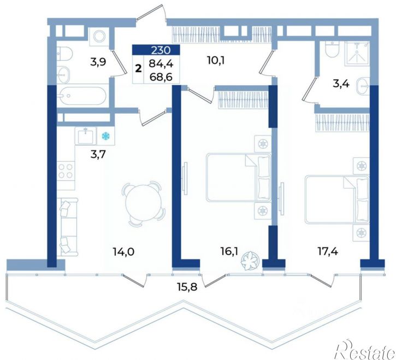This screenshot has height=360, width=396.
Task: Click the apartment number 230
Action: coord(161,50)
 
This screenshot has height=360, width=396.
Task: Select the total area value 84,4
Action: coord(161,64)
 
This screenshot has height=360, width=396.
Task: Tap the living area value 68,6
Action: coord(161,76)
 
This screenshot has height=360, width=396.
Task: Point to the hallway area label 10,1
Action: coord(216,61)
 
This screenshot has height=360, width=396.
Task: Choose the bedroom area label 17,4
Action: coord(328,251)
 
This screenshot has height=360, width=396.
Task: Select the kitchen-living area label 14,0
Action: coord(124,252)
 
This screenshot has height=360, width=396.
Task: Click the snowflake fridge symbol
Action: coord(106,137)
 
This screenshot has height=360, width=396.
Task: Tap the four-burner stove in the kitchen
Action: coord(66,171)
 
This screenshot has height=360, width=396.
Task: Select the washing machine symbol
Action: coord(100,36)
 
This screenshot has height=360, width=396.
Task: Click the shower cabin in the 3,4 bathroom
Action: coord(357,53)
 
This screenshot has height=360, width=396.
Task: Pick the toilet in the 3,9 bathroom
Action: coord(64,54)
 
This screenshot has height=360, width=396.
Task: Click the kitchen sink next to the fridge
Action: coord(85,136)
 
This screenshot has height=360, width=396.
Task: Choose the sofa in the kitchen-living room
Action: coord(67,227)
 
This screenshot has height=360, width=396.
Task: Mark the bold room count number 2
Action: coord(138,68)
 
